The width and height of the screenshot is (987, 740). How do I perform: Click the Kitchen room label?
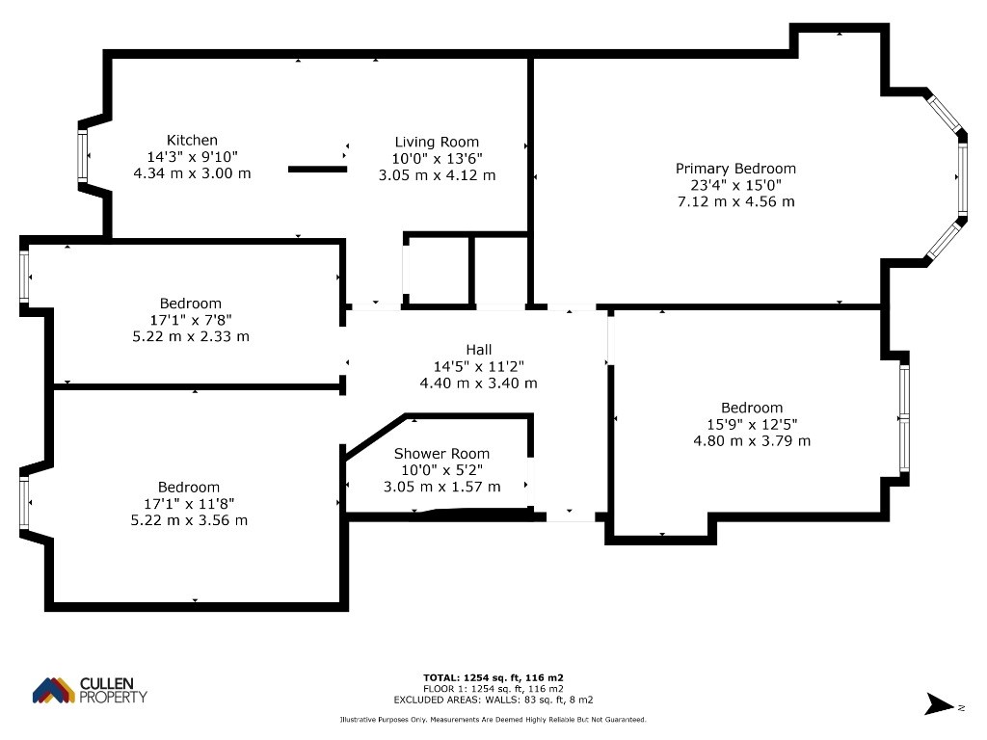(x=192, y=141)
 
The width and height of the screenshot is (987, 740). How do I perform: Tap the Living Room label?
(x=437, y=143)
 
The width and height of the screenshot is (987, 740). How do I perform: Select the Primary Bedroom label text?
(x=735, y=169)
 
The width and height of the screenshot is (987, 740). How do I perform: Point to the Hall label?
(x=479, y=350)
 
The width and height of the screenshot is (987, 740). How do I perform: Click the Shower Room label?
(x=441, y=454)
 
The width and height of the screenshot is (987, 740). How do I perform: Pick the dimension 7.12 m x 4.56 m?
(x=735, y=201)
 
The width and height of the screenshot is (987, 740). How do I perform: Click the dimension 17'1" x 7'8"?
(x=191, y=320)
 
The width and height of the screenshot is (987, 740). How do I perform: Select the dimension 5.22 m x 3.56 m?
(x=189, y=520)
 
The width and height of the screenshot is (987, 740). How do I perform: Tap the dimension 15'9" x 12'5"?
(x=752, y=424)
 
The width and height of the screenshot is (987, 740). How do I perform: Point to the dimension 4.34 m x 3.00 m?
(x=192, y=173)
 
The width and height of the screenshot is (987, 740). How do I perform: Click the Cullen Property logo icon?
(x=54, y=690)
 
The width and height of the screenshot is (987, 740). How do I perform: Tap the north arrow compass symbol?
(x=940, y=704)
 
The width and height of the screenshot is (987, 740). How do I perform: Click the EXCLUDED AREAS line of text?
(x=493, y=700)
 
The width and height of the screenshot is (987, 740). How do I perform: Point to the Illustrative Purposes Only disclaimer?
(x=493, y=719)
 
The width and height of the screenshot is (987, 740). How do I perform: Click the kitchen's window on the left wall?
(x=83, y=156)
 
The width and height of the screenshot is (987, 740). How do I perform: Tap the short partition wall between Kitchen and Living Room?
(x=317, y=170)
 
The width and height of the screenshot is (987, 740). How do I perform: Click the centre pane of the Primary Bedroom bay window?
(x=963, y=178)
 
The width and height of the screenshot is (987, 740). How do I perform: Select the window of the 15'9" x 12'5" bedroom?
(x=904, y=418)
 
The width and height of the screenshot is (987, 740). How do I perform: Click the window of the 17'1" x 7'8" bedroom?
(x=24, y=277)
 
